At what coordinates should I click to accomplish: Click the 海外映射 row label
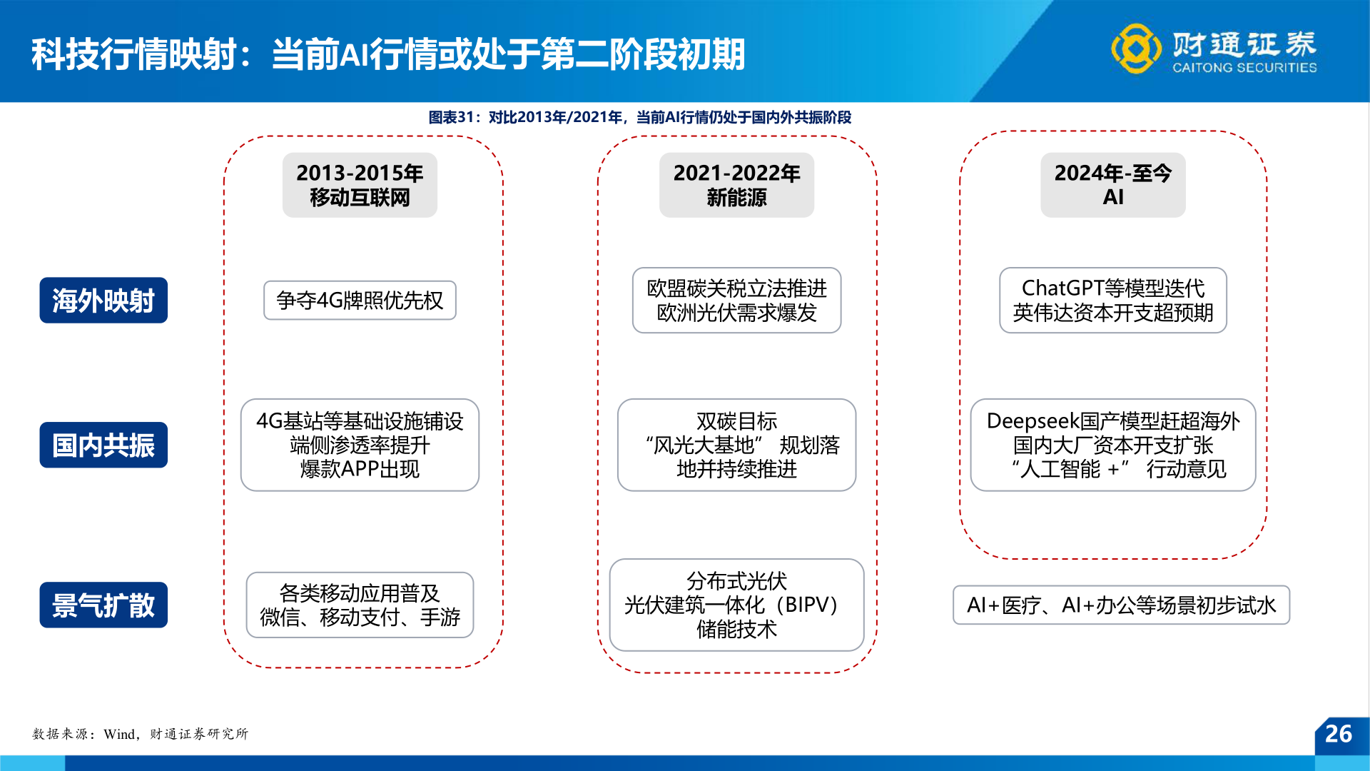pos(103,301)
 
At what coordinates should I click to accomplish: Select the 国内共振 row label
pos(103,445)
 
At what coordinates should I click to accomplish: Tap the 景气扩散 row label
pos(103,605)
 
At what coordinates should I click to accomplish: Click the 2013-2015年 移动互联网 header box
pos(360,185)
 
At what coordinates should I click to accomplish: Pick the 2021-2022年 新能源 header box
pos(736,185)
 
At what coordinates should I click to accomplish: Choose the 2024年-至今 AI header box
pos(1113,185)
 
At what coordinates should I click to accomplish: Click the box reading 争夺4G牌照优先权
pos(360,301)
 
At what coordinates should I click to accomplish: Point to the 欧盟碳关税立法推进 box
pos(736,301)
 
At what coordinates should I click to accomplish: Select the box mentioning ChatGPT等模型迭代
pos(1113,301)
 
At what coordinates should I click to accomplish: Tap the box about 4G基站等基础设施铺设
pos(360,445)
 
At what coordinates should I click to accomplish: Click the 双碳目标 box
pos(736,445)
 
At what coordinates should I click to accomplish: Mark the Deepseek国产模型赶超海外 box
pos(1113,445)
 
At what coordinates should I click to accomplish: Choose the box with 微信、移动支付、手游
pos(360,605)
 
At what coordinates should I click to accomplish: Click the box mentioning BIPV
pos(736,605)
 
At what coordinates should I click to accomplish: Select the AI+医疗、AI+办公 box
pos(1121,605)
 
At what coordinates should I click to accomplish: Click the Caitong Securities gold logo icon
pos(1136,49)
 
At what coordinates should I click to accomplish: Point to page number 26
pos(1339,734)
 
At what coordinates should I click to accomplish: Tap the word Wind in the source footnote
pos(119,734)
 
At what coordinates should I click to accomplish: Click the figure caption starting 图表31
pos(639,117)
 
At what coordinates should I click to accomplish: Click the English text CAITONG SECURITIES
pos(1244,68)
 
